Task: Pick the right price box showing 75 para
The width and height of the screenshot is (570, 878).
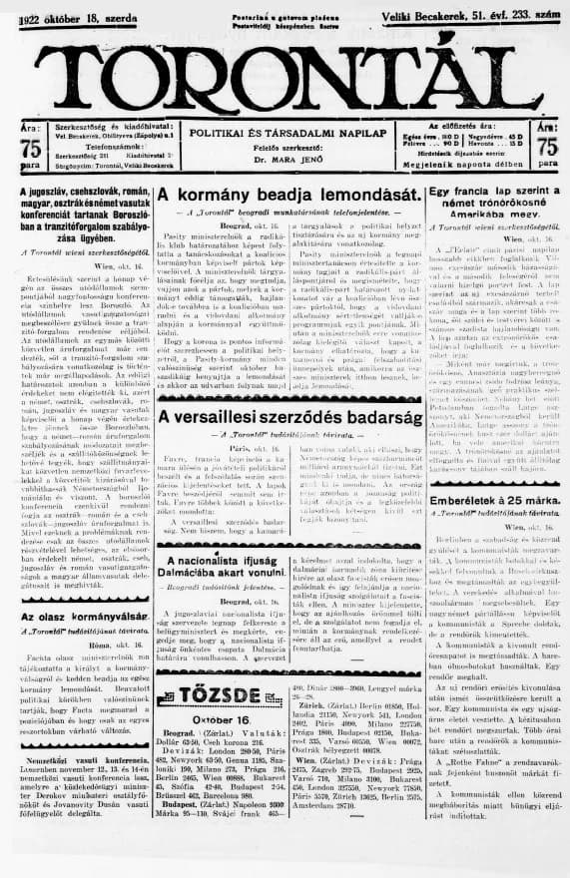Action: point(546,148)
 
